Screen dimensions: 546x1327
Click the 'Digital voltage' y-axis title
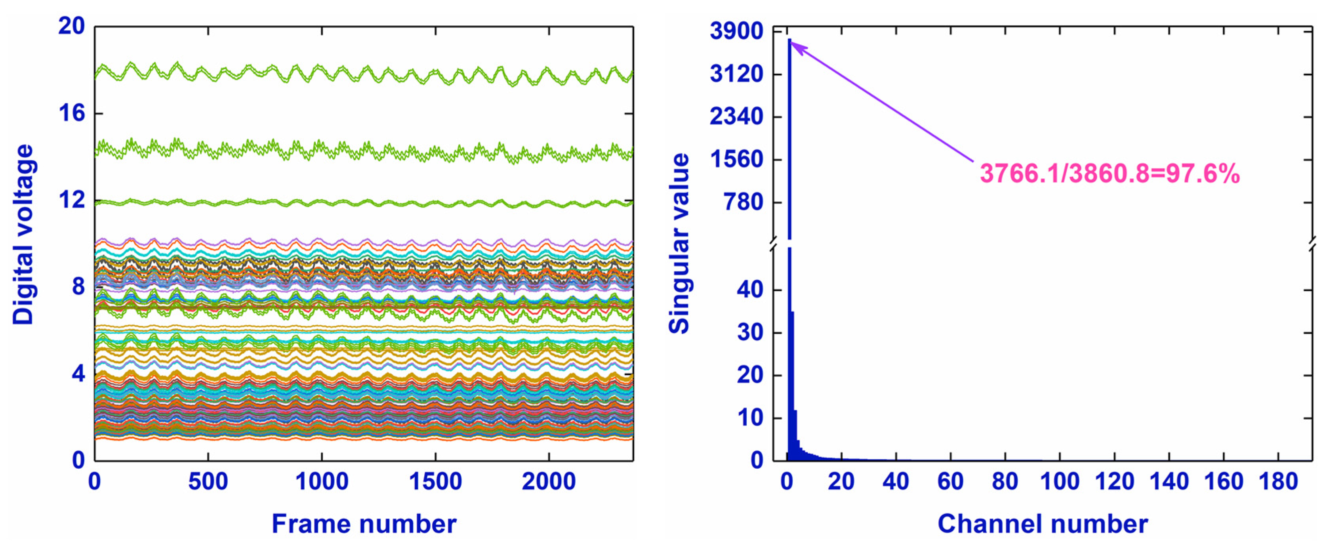click(23, 235)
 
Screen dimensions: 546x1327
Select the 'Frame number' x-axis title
click(364, 524)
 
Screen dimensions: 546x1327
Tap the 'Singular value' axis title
click(679, 244)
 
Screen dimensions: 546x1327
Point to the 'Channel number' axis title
click(1043, 524)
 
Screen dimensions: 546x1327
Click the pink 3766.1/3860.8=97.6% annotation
click(1110, 174)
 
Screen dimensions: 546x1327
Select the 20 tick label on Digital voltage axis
click(71, 26)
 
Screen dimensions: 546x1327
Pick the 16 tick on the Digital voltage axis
click(71, 113)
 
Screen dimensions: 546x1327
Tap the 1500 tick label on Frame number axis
click(435, 482)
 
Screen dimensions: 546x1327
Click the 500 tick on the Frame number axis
click(208, 482)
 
